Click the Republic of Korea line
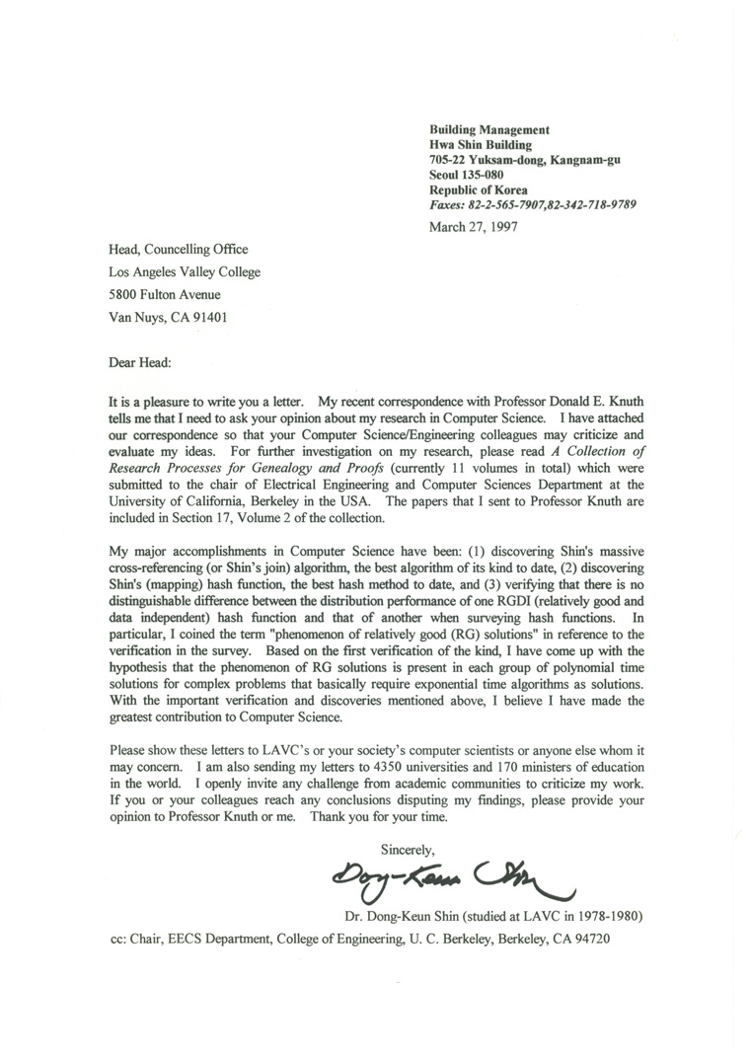[x=479, y=189]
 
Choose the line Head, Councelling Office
[x=178, y=250]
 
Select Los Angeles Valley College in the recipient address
[x=185, y=271]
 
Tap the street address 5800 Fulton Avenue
[x=165, y=294]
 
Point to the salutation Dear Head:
[x=140, y=362]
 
